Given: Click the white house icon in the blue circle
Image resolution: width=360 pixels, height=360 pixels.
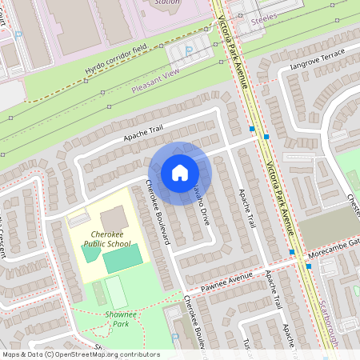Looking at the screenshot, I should click(180, 173).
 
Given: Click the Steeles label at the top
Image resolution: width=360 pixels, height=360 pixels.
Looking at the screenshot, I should click(263, 16).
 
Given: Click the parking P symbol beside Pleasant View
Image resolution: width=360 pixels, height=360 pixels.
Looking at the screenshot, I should click(189, 50).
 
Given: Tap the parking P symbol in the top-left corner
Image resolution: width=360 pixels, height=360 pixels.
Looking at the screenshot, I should click(17, 34).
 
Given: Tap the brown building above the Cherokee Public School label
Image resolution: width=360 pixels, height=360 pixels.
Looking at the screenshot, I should click(113, 217).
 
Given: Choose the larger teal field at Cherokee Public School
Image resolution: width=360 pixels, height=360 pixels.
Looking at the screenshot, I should click(122, 258).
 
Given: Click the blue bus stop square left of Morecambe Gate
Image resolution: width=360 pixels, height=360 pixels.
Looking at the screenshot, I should click(292, 252).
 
